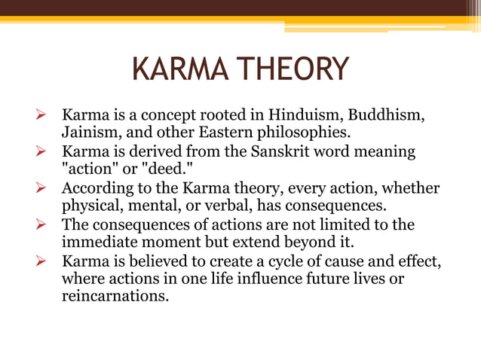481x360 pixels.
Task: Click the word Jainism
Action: pos(89,133)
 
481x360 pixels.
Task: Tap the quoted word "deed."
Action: pos(168,169)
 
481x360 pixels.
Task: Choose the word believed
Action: pos(158,261)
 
